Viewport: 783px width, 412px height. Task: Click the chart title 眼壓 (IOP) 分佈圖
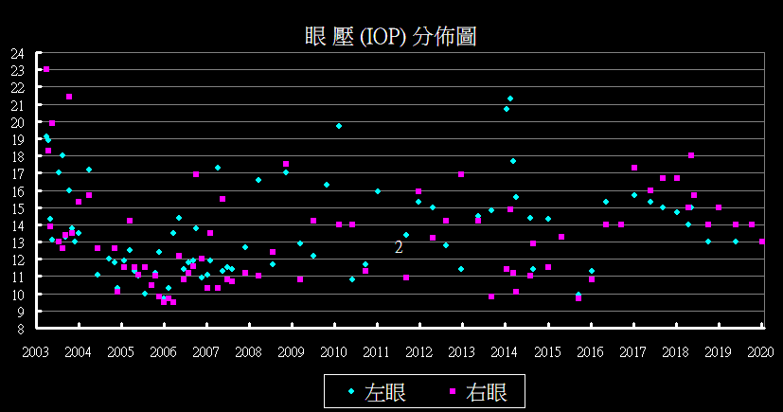pos(390,37)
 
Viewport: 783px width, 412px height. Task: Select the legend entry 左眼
pos(385,392)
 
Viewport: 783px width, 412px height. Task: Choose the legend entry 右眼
pos(487,392)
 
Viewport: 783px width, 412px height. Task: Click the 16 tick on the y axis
pos(17,191)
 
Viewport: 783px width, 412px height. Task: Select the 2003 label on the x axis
pos(36,351)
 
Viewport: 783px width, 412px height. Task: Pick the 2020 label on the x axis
pos(761,351)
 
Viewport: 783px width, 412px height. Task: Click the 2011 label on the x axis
pos(377,351)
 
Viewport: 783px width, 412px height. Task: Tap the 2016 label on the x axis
pos(591,351)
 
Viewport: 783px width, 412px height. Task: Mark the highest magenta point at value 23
pos(46,69)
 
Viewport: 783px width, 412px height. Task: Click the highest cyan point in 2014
pos(510,99)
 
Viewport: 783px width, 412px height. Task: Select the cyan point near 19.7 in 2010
pos(339,126)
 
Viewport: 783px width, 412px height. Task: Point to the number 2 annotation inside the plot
pos(399,247)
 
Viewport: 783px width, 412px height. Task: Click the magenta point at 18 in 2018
pos(691,155)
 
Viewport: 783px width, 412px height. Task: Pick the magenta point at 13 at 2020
pos(762,242)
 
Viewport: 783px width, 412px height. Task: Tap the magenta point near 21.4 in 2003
pos(69,97)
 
